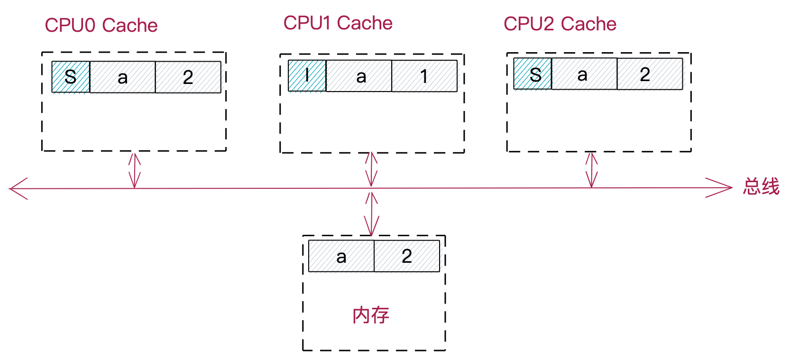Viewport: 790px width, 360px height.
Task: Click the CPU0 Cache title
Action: tap(101, 26)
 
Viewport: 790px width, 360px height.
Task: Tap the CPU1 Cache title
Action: tap(338, 23)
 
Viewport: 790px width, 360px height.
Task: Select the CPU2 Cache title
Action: tap(560, 24)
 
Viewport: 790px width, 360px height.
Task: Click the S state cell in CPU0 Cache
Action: tap(71, 77)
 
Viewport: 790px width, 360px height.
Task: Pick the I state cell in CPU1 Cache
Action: tap(307, 76)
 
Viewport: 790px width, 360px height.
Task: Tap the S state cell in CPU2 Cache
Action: tap(533, 74)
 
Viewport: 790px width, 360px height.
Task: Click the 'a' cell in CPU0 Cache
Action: tap(122, 77)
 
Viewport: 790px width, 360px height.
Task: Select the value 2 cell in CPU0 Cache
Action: tap(188, 77)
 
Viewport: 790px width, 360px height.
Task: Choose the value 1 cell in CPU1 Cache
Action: tap(424, 76)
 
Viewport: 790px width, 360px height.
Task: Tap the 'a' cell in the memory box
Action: tap(341, 256)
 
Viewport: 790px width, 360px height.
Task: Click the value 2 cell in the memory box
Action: tap(407, 256)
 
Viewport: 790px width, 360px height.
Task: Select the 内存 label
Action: tap(371, 315)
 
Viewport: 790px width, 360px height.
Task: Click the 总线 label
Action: tap(761, 186)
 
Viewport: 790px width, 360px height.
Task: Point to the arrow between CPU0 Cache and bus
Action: tap(135, 170)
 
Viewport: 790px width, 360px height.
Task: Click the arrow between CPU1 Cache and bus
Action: tap(371, 169)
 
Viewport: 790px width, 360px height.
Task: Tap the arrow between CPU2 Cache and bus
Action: tap(591, 169)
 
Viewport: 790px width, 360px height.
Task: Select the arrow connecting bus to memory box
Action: tap(372, 213)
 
